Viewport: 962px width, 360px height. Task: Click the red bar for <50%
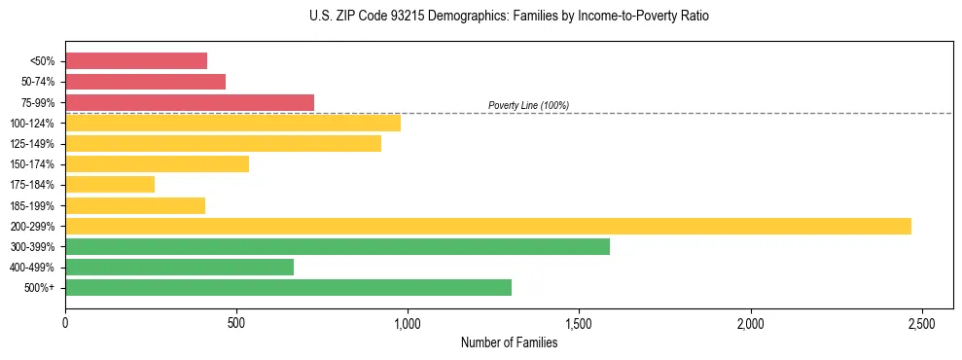136,61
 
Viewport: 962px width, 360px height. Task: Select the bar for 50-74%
145,82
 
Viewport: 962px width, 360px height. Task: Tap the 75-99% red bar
190,102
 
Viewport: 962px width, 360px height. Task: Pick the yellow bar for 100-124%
232,123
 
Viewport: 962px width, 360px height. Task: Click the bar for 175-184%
110,184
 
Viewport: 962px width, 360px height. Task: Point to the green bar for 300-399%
338,246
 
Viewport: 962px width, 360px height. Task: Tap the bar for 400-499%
179,267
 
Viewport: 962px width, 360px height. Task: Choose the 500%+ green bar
288,287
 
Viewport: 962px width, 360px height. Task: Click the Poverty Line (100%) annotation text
528,105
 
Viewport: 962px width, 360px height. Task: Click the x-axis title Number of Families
509,342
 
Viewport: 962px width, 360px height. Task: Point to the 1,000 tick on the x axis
408,322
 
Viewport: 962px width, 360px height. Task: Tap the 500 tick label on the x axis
236,322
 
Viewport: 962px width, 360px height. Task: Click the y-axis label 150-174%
32,164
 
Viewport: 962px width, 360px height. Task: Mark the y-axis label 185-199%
32,205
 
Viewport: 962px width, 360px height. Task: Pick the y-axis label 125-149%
32,144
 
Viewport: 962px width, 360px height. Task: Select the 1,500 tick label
579,322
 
